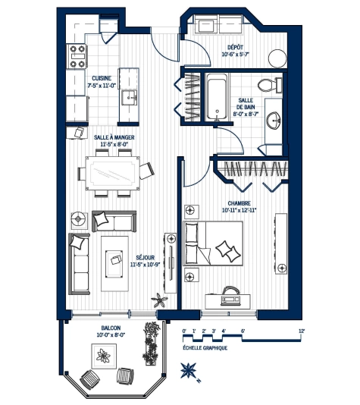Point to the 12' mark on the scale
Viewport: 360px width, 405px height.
click(x=301, y=331)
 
